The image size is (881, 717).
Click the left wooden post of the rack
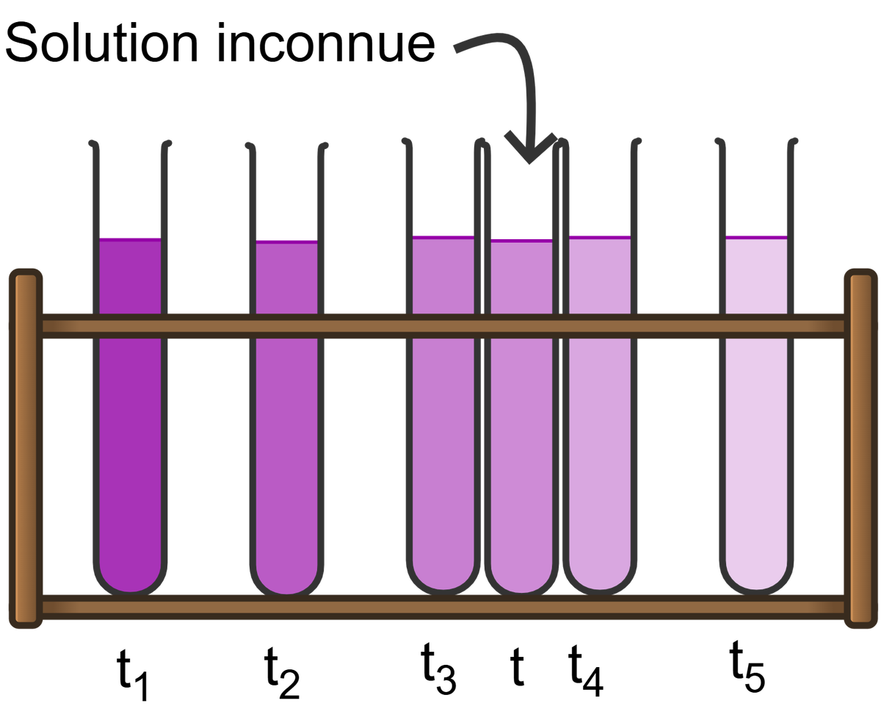pyautogui.click(x=26, y=448)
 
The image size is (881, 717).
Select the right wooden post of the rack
pyautogui.click(x=860, y=448)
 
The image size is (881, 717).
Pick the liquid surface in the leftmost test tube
pyautogui.click(x=130, y=238)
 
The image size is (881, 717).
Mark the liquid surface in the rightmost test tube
pyautogui.click(x=756, y=237)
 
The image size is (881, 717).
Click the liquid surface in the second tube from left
pyautogui.click(x=286, y=241)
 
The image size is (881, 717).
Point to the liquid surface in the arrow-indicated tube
pyautogui.click(x=521, y=239)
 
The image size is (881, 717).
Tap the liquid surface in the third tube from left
pyautogui.click(x=443, y=236)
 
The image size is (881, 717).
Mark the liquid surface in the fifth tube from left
pyautogui.click(x=600, y=236)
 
